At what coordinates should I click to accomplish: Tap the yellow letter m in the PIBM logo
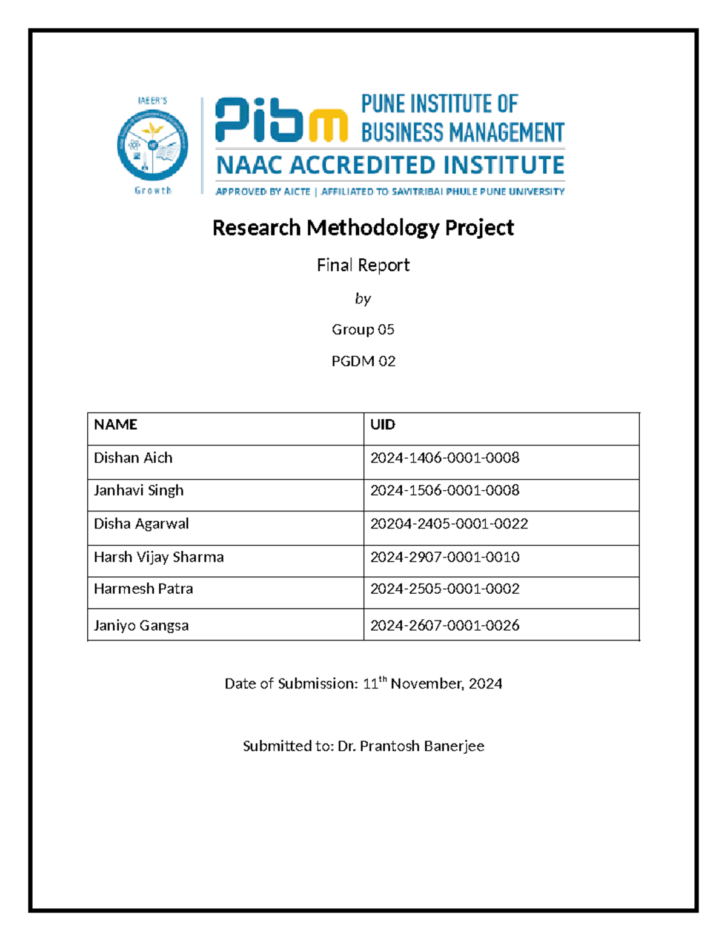[328, 125]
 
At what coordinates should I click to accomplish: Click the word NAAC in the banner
[249, 165]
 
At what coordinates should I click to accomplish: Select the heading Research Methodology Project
[363, 228]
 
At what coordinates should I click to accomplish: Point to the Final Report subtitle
[363, 265]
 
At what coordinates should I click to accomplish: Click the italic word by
[363, 299]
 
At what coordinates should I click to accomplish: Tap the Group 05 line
[363, 330]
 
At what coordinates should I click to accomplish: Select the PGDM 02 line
[363, 361]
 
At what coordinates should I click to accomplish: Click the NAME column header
[116, 424]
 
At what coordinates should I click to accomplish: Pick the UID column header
[383, 424]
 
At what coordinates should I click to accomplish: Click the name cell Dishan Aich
[133, 458]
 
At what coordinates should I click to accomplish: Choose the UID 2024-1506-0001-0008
[445, 490]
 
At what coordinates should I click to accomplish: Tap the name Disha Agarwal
[141, 524]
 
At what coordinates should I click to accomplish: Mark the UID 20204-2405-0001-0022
[449, 524]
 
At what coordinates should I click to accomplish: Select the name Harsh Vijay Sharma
[159, 557]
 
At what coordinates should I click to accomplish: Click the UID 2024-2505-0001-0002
[445, 589]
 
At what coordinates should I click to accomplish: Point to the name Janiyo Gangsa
[141, 625]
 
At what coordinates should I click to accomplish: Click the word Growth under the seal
[153, 190]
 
